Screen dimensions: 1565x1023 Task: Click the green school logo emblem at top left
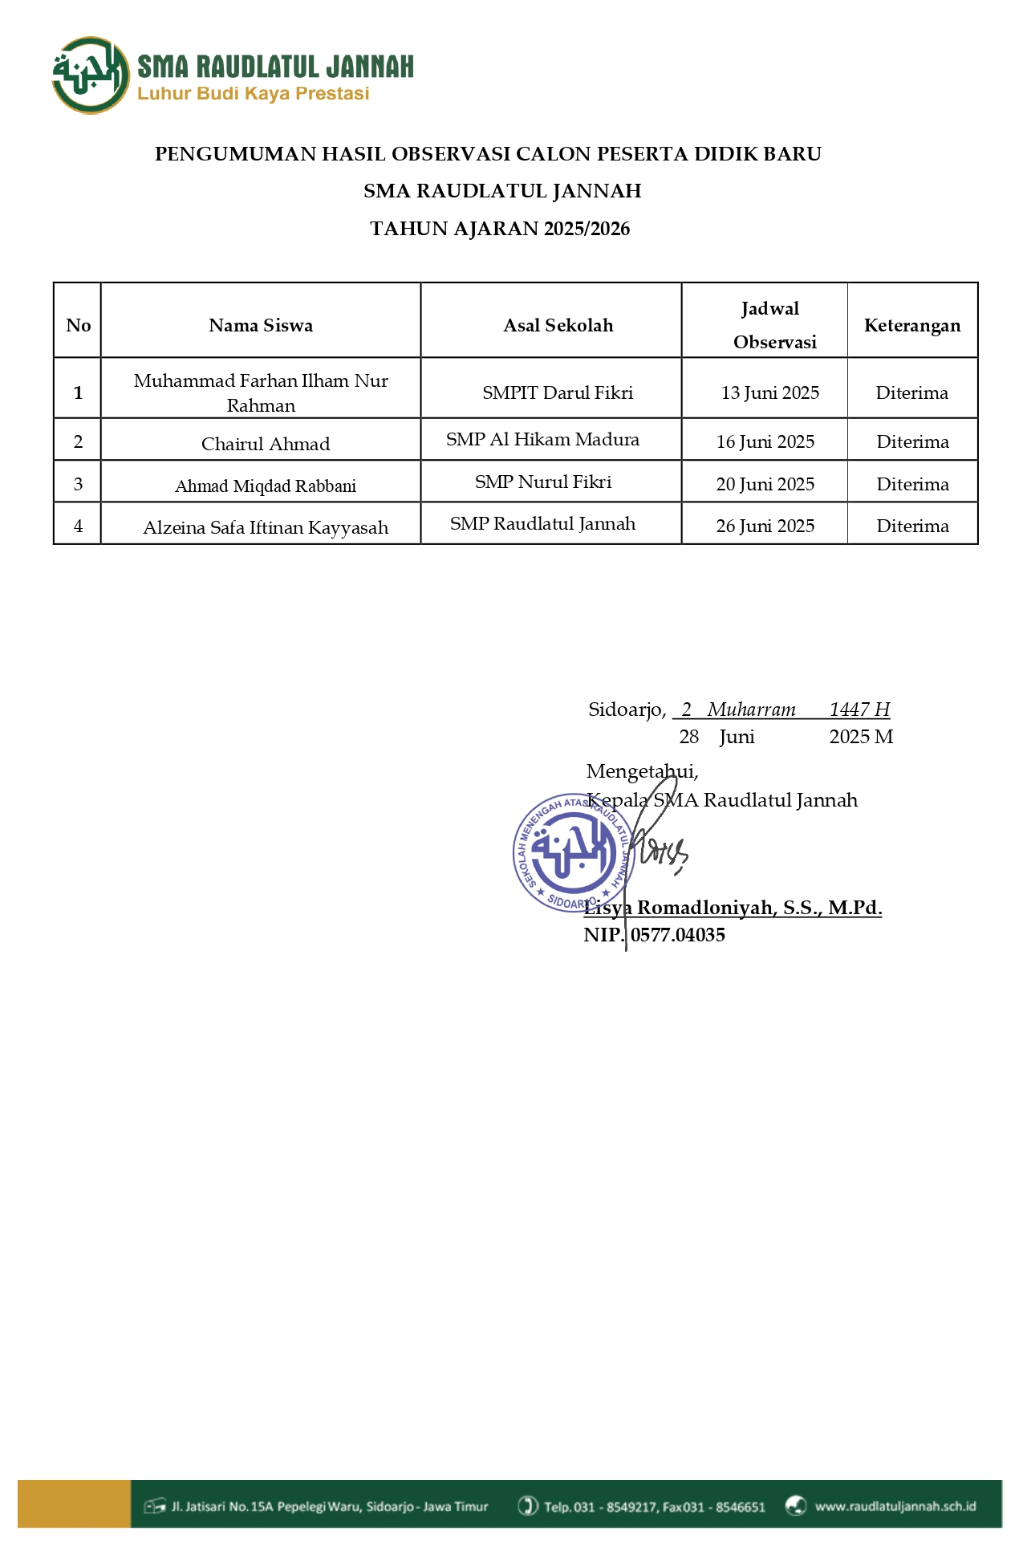(90, 75)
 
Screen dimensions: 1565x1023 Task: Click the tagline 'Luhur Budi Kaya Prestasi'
(253, 94)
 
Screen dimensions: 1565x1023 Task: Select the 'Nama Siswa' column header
(261, 325)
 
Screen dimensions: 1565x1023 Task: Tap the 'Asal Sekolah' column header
(558, 325)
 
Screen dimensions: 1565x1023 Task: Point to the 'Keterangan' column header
(912, 325)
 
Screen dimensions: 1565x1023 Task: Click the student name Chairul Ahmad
(266, 444)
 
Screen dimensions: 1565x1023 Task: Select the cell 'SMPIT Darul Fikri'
(558, 392)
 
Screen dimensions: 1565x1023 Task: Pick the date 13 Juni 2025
(770, 392)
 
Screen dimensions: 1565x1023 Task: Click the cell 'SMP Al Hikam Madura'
(542, 440)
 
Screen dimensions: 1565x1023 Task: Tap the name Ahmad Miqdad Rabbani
(266, 486)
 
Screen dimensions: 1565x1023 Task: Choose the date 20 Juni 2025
(765, 484)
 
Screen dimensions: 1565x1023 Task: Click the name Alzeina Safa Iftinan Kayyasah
(266, 527)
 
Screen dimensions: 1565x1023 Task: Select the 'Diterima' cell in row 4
(912, 526)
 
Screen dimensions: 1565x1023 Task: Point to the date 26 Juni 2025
(765, 526)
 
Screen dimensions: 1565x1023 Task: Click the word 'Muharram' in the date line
(752, 709)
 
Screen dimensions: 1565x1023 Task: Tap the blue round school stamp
(573, 852)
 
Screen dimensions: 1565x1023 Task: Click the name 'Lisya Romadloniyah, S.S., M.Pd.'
(733, 908)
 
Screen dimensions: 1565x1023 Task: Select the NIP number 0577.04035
(678, 935)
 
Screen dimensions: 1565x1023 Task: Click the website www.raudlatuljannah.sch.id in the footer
(895, 1506)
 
